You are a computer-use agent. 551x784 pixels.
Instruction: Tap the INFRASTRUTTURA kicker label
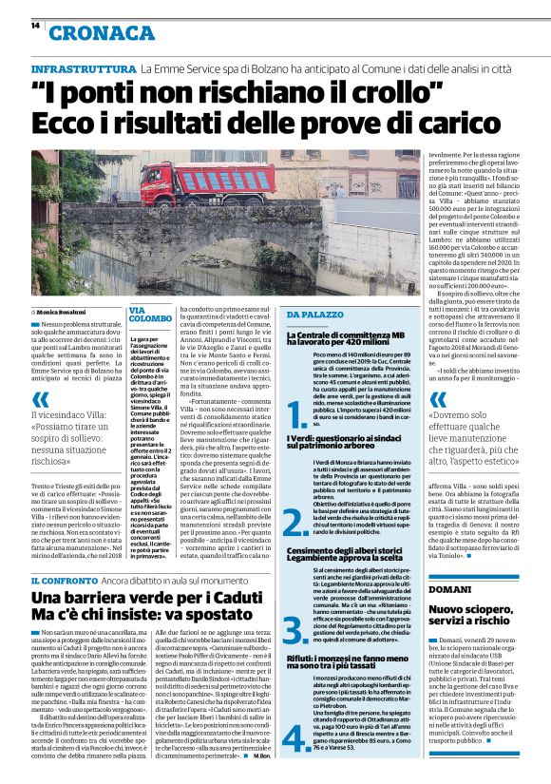click(84, 70)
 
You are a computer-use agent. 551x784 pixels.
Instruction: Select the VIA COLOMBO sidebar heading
click(150, 316)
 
